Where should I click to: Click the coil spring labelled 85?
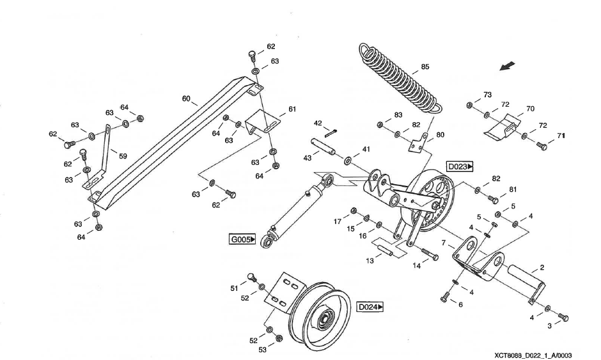click(400, 80)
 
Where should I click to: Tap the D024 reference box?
click(370, 307)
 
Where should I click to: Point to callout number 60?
click(186, 99)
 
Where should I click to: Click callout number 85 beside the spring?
click(425, 67)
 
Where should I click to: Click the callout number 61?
click(292, 109)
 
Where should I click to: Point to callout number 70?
click(530, 109)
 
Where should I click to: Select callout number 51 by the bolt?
click(235, 288)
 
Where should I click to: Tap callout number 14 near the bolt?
click(416, 267)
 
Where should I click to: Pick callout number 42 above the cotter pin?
click(318, 123)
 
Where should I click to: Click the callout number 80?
click(440, 135)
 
